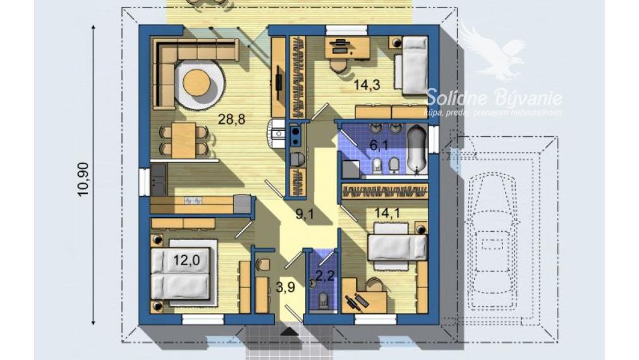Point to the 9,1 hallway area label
coord(305,213)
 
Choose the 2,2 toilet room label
coord(324,275)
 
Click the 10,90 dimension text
coord(83,180)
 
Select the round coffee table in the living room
coord(197,83)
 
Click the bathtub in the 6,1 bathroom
coord(417,148)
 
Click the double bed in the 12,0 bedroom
coord(180,275)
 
